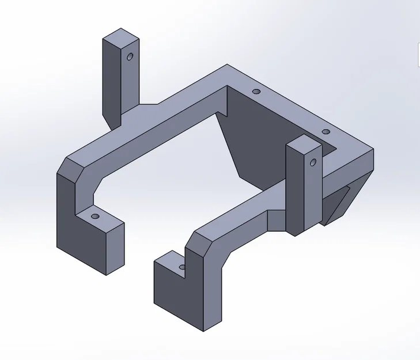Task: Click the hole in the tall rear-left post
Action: pyautogui.click(x=130, y=56)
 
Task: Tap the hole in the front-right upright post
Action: pyautogui.click(x=313, y=162)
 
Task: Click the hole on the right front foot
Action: pyautogui.click(x=182, y=266)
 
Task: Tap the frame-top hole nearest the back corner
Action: pyautogui.click(x=256, y=92)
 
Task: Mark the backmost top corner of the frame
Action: pyautogui.click(x=227, y=65)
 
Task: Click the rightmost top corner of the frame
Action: pyautogui.click(x=373, y=150)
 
